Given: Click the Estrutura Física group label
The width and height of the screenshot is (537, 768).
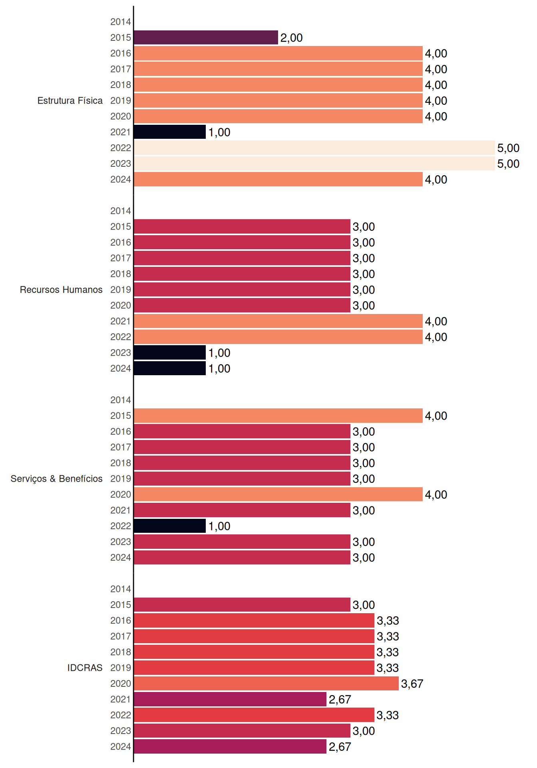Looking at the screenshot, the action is [70, 100].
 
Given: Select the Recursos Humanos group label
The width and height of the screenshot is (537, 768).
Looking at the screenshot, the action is [61, 290].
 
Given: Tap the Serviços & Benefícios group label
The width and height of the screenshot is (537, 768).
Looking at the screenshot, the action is [56, 479].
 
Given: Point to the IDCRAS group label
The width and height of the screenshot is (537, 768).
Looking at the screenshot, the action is [85, 668].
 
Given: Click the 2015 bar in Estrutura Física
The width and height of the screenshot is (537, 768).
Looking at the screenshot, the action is [206, 38].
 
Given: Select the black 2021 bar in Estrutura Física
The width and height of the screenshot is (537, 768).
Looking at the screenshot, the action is [170, 132].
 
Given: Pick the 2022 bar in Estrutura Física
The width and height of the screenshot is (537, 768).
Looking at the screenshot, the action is [314, 148].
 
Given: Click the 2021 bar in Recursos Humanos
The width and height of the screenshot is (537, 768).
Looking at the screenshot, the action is [278, 321].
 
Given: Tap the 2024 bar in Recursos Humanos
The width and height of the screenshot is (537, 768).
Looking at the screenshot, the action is [170, 368].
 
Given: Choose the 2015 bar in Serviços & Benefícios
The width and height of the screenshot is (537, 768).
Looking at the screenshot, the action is [278, 416].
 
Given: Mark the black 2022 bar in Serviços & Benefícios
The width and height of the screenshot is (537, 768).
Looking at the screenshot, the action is [170, 526].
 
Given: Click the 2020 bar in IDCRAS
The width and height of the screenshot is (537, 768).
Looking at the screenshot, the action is [266, 684].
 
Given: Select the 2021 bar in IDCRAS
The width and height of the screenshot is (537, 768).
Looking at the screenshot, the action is [230, 699].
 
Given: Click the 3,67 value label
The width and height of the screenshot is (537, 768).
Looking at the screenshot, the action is [412, 684].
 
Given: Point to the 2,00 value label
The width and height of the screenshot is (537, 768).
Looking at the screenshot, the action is [291, 38].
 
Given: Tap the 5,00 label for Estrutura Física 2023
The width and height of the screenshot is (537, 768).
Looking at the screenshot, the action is [508, 164].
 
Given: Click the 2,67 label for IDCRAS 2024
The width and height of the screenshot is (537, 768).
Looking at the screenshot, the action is [340, 747].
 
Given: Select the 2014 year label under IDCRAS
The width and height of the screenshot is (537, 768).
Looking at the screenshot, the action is [121, 589].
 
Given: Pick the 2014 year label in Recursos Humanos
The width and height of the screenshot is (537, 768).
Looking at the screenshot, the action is [121, 211].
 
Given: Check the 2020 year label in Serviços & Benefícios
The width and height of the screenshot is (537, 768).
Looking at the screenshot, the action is [121, 494].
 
